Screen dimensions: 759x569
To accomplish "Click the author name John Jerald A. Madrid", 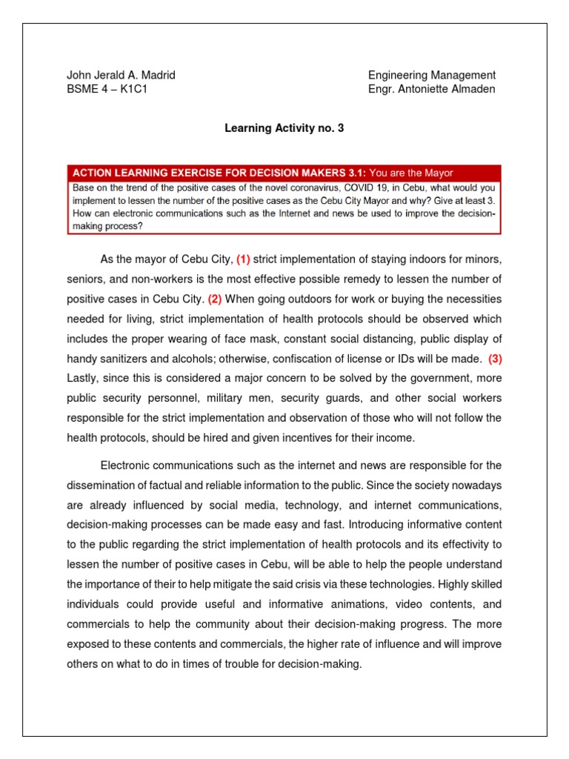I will point(121,75).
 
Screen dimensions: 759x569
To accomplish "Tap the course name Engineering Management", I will point(432,75).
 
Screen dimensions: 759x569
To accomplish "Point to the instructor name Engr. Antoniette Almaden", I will point(432,90).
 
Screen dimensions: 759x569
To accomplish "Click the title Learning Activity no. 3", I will point(284,128).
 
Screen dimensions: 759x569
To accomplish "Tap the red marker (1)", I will point(243,259).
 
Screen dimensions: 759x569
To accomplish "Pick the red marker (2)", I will point(215,299).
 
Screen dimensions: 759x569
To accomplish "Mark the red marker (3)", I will point(494,359).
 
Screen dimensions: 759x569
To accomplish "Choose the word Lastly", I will point(83,379).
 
